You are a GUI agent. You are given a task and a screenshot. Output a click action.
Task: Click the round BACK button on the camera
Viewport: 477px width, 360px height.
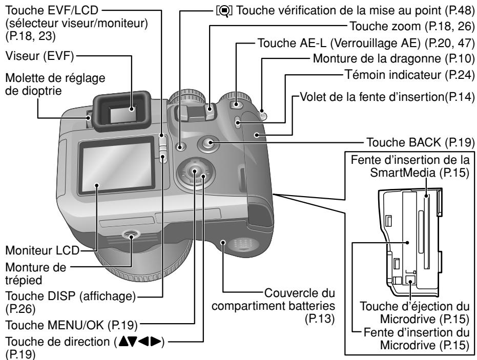coord(208,144)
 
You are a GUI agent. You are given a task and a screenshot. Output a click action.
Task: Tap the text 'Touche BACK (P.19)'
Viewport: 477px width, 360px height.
coord(418,141)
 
